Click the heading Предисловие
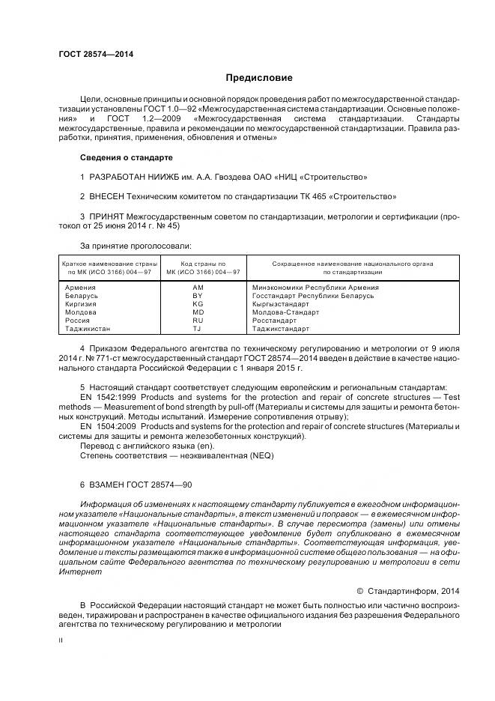[x=259, y=78]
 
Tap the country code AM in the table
[x=198, y=288]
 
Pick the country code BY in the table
[x=198, y=296]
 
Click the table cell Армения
[x=80, y=288]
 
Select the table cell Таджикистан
[x=88, y=329]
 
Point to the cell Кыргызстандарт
[x=281, y=304]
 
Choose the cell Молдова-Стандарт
[x=285, y=312]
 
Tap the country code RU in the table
[x=198, y=321]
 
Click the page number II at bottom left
[x=61, y=641]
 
